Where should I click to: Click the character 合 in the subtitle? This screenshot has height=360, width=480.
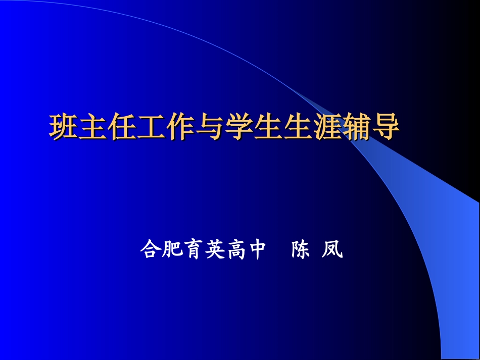(x=150, y=249)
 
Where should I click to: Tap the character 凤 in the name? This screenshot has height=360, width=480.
(x=332, y=249)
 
